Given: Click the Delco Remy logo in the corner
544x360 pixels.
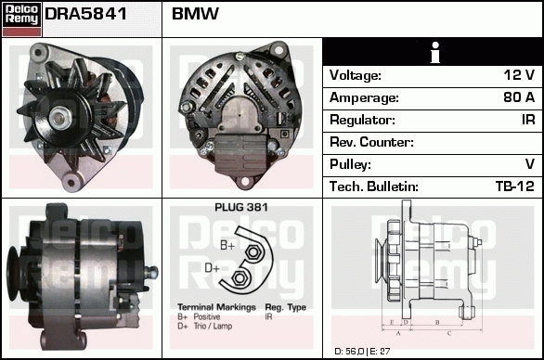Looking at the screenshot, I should tap(20, 19).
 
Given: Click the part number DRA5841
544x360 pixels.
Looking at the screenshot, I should tap(86, 15).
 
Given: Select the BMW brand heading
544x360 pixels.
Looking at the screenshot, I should tap(196, 15).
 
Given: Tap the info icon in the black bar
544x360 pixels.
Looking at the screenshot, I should tap(433, 53).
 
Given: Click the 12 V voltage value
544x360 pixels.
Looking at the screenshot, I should tap(518, 75).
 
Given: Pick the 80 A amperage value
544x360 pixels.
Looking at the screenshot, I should tap(517, 97).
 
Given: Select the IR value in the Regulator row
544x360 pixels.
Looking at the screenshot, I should tap(525, 120).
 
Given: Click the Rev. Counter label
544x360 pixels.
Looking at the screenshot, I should tap(371, 142).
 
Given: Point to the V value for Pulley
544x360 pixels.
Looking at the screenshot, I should tap(529, 164).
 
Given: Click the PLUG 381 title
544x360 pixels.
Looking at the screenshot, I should tap(241, 208).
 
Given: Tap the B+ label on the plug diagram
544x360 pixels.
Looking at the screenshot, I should tap(227, 245).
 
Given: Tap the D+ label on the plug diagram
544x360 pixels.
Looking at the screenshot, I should tap(212, 269).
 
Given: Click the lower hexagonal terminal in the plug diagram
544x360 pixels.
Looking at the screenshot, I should tap(240, 276).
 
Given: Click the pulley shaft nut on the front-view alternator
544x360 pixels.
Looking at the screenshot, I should tap(60, 116).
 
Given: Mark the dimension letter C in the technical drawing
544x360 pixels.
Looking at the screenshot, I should tap(449, 331).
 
